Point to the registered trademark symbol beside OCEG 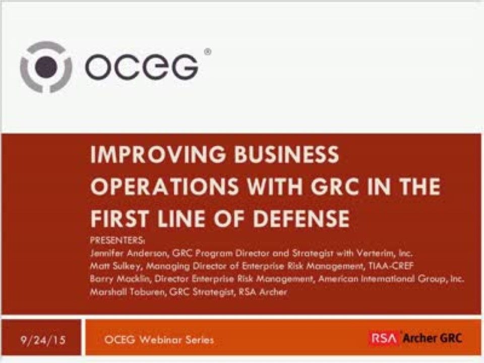point(208,51)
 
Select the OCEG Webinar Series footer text point(158,339)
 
